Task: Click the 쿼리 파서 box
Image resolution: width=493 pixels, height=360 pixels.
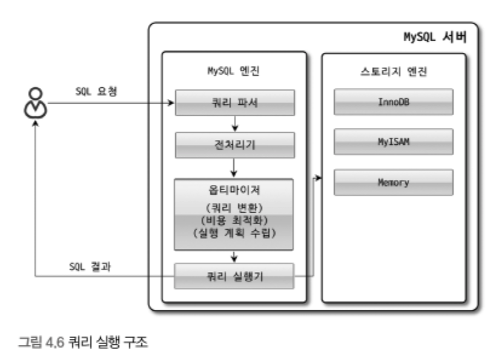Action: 234,103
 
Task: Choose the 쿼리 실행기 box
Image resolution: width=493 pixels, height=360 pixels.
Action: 234,276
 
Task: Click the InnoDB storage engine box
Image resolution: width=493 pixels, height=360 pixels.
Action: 393,102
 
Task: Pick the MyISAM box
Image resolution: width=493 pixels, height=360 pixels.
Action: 393,142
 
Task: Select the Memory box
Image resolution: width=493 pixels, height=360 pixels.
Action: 393,182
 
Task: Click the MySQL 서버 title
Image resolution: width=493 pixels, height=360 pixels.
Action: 434,36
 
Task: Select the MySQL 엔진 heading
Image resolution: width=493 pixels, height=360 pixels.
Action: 233,70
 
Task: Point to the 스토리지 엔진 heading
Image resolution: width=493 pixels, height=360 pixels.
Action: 393,70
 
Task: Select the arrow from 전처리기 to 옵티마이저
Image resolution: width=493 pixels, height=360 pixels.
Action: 235,168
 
